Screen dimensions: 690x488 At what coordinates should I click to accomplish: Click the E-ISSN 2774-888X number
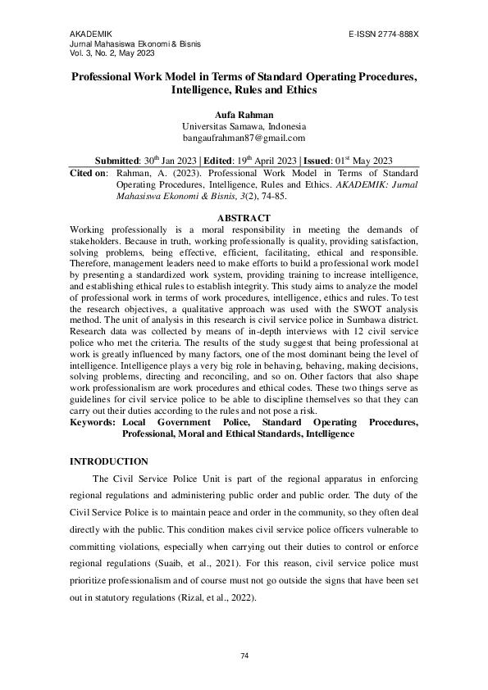pos(384,34)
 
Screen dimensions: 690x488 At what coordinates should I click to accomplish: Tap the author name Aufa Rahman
pos(244,115)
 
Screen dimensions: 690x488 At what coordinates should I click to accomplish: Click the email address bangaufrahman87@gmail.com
pos(244,139)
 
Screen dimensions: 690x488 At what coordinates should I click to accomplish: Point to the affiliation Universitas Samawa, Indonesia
pos(244,127)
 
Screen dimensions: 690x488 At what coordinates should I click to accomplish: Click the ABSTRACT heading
pos(244,218)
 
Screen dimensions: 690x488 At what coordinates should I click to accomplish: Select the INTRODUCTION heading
pos(109,462)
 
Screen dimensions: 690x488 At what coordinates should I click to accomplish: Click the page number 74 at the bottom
pos(244,656)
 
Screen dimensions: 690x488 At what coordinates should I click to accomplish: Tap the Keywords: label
pos(93,422)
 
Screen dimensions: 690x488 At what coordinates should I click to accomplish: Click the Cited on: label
pos(89,174)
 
